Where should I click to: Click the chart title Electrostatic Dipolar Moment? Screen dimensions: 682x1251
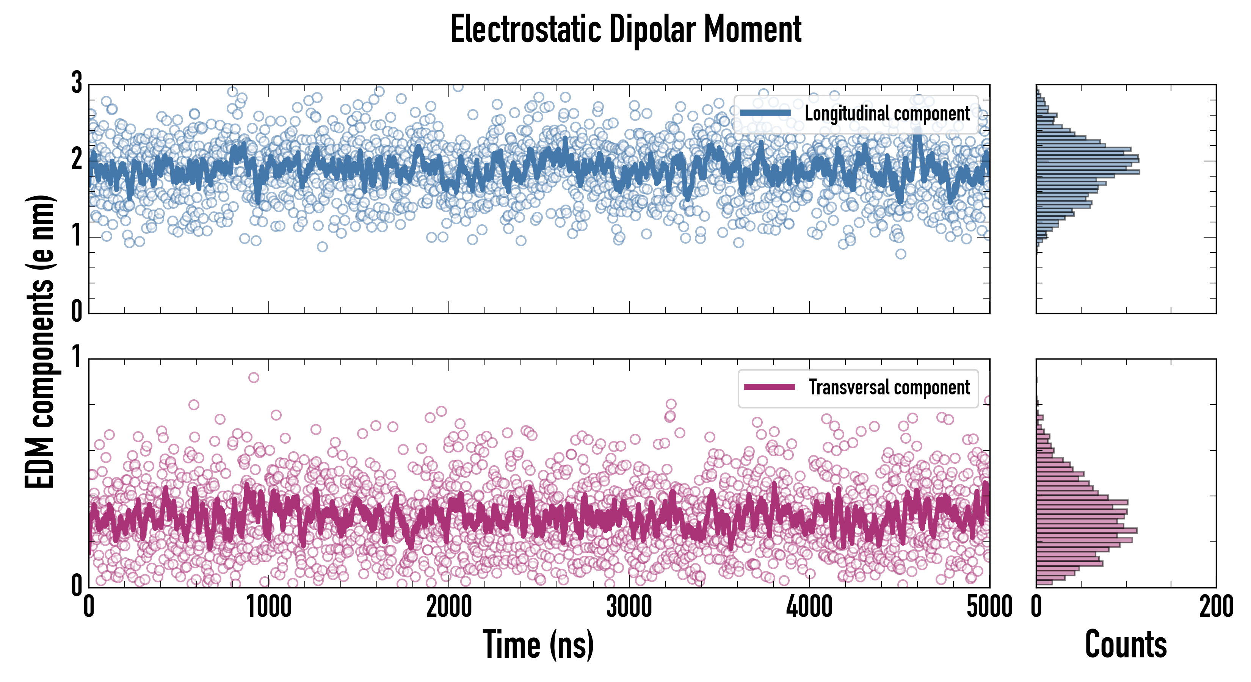(x=625, y=30)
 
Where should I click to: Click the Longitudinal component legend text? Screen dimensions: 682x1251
(x=887, y=114)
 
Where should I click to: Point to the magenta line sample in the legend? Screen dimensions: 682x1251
(x=769, y=387)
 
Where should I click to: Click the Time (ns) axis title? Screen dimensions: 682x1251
(x=538, y=644)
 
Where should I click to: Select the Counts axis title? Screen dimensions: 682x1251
(x=1126, y=644)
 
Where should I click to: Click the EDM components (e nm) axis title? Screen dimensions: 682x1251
(x=40, y=342)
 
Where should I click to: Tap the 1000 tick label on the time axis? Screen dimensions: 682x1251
(x=268, y=607)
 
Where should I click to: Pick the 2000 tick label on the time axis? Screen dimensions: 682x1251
(x=449, y=607)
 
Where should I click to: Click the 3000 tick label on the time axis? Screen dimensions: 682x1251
(x=629, y=607)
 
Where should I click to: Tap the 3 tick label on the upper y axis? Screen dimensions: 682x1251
(x=77, y=83)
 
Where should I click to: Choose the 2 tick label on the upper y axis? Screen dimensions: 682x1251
(x=77, y=160)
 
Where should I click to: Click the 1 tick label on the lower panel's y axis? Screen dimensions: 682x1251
(x=77, y=358)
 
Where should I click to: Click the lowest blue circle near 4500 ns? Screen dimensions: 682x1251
(x=901, y=254)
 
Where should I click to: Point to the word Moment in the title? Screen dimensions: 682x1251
(x=752, y=30)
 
